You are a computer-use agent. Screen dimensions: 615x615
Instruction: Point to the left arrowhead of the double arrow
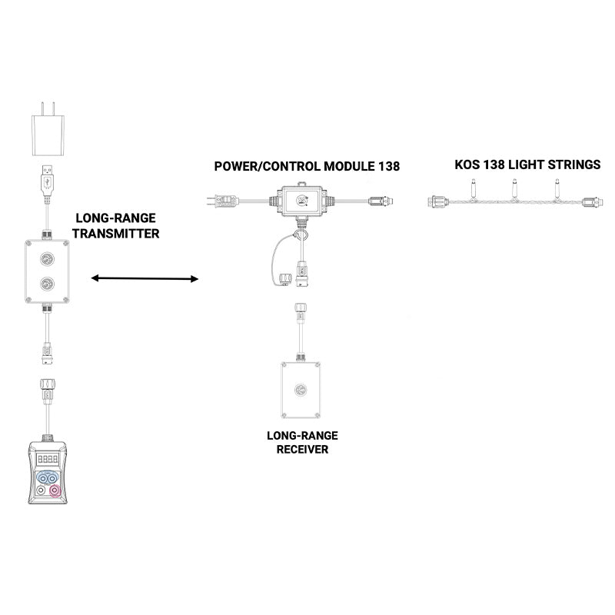coord(94,279)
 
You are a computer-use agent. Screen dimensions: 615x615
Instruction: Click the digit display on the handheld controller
coord(48,457)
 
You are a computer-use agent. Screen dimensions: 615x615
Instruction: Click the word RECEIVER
coord(302,448)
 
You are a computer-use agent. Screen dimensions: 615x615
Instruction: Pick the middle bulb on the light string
coord(512,187)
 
